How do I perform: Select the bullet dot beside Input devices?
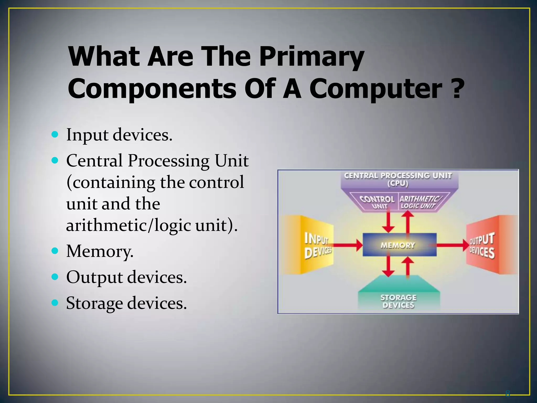click(x=55, y=135)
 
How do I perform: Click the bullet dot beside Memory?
click(x=55, y=251)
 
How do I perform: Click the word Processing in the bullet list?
click(x=169, y=161)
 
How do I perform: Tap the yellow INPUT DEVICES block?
click(x=312, y=245)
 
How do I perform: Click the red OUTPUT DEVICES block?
click(x=488, y=245)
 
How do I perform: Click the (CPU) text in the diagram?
click(x=398, y=184)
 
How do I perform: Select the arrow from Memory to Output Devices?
click(x=453, y=245)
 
